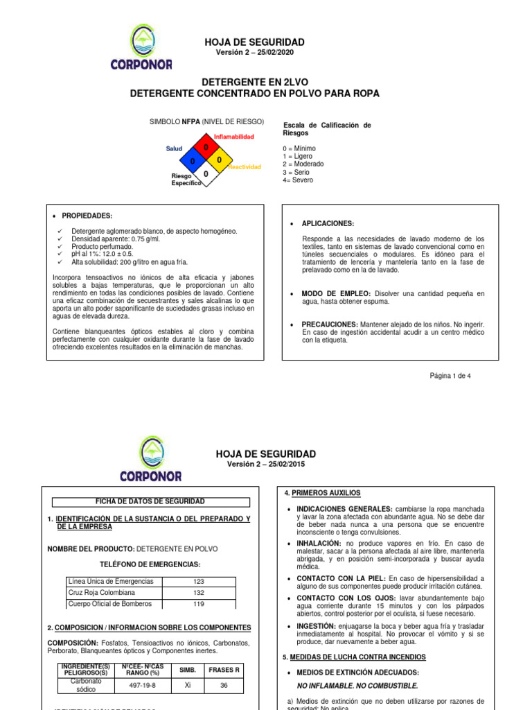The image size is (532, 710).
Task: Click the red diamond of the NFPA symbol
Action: coord(206,148)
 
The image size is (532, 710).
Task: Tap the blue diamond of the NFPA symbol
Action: coord(193,161)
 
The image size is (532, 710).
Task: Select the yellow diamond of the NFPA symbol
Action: coord(219,161)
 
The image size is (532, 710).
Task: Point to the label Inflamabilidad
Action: coord(233,137)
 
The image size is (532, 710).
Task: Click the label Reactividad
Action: coord(245,167)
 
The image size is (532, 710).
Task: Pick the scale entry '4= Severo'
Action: coord(298,180)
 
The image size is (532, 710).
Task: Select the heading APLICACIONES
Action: coord(328,223)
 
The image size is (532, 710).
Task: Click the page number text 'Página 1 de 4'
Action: coord(450,375)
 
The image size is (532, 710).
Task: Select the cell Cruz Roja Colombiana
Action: coord(101,593)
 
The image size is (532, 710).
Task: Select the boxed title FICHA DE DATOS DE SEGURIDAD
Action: coord(149,501)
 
